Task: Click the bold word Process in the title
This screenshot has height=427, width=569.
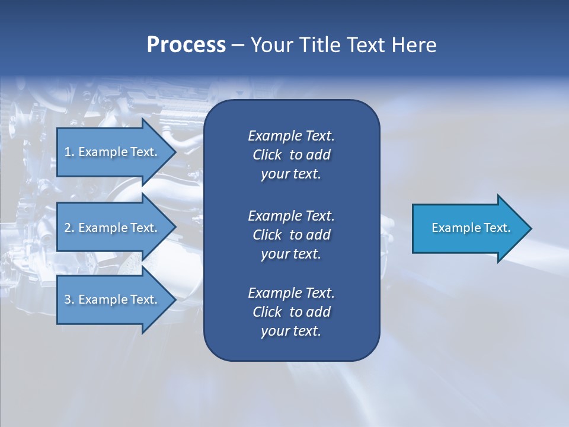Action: click(x=186, y=45)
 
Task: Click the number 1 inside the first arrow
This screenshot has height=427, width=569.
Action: click(x=68, y=152)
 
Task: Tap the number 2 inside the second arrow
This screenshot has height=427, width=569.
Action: click(x=68, y=228)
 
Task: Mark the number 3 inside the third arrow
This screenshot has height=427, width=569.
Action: click(x=68, y=299)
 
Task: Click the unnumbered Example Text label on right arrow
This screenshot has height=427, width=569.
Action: click(x=471, y=228)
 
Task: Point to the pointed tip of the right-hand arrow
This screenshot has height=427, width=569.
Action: click(x=529, y=228)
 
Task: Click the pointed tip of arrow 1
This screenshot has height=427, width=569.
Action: click(x=174, y=152)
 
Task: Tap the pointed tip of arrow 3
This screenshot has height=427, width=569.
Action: click(x=174, y=299)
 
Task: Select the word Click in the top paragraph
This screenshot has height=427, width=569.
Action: click(x=267, y=155)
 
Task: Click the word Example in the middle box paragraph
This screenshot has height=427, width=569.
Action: click(x=274, y=216)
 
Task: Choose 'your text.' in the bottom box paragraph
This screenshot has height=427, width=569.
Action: click(x=291, y=331)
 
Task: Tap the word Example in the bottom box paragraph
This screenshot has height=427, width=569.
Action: click(x=274, y=293)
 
